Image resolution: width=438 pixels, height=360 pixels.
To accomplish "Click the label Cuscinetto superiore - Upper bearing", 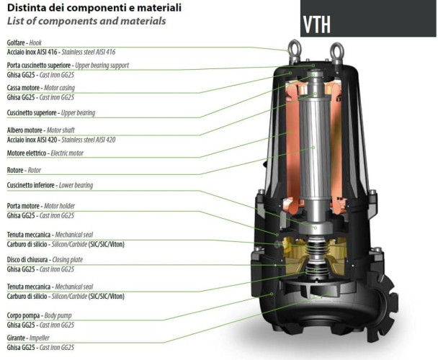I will coord(50,113).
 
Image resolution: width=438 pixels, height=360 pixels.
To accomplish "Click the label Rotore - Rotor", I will coord(23,170).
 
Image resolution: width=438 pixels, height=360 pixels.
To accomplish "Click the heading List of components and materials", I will coord(86,22).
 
